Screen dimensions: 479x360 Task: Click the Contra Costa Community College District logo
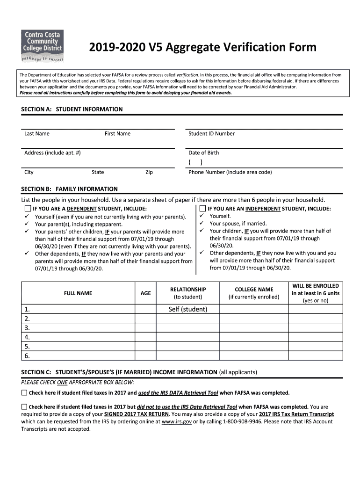(42, 46)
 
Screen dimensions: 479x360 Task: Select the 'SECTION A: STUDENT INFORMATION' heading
(72, 109)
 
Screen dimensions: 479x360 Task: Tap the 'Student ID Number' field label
(211, 134)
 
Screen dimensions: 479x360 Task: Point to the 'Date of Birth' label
(203, 153)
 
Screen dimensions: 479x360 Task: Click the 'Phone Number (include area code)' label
(230, 172)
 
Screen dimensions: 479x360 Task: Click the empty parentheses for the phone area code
(195, 162)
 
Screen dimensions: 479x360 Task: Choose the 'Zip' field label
(149, 172)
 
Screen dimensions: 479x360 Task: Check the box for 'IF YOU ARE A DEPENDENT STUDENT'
(28, 209)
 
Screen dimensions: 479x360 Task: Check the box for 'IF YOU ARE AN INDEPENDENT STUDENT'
(202, 209)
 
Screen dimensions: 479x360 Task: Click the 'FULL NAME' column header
(78, 293)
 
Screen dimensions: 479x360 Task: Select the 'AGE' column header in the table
(145, 293)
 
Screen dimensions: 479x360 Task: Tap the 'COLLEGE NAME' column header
(253, 290)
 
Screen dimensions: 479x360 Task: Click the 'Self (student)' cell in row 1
(187, 309)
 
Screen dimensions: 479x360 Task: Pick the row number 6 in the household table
(27, 356)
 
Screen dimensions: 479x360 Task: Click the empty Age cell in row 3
(145, 328)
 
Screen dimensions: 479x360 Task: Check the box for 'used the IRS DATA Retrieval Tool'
(24, 393)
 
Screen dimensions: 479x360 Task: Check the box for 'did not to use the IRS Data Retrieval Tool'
(24, 407)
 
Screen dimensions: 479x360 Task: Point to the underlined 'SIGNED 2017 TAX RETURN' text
(134, 414)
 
